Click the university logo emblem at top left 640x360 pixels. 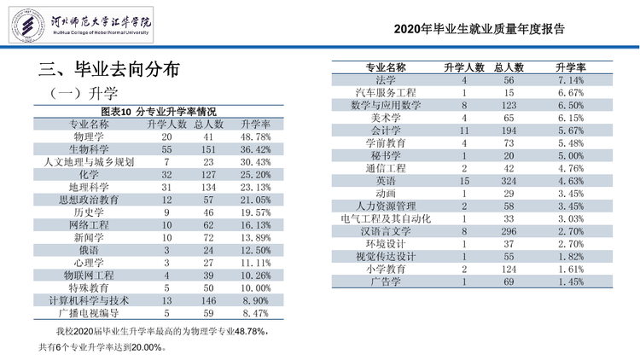click(28, 26)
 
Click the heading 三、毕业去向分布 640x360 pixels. click(109, 69)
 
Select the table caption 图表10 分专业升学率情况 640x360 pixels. click(159, 112)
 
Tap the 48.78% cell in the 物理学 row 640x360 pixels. click(255, 136)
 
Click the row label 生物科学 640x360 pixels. click(89, 149)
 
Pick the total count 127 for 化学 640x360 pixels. click(208, 175)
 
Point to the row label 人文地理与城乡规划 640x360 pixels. click(89, 162)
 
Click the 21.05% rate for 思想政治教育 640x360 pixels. click(255, 200)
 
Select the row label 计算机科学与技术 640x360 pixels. click(89, 301)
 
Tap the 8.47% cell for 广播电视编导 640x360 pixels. click(255, 313)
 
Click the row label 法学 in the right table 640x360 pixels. click(386, 80)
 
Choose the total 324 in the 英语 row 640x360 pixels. click(509, 181)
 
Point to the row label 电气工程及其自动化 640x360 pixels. click(386, 218)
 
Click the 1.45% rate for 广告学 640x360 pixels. click(571, 282)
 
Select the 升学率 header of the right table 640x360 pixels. click(571, 67)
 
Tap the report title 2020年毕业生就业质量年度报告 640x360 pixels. click(480, 29)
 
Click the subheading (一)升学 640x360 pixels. click(83, 94)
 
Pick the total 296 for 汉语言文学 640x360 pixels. click(509, 231)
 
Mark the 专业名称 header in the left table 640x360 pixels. click(89, 124)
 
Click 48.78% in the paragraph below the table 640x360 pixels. click(251, 332)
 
